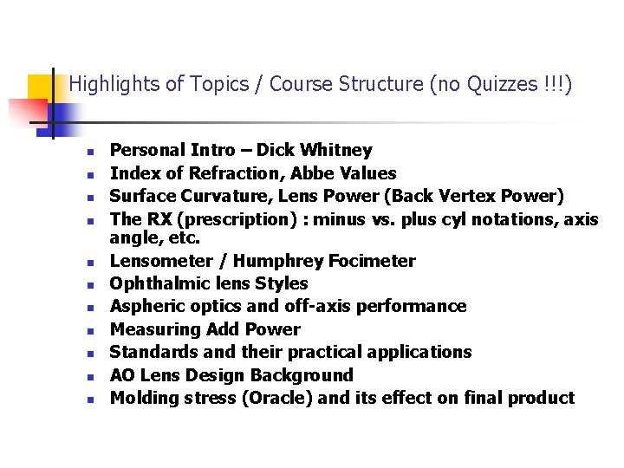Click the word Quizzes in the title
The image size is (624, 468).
click(x=492, y=84)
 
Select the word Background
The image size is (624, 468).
click(x=301, y=375)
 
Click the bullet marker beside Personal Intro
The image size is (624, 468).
click(x=89, y=152)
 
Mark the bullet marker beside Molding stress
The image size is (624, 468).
click(x=89, y=400)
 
